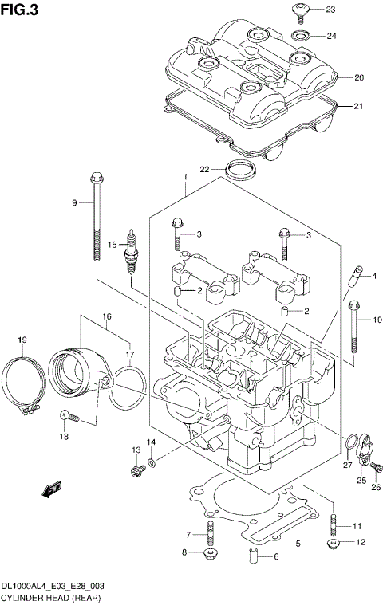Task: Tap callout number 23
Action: click(x=331, y=10)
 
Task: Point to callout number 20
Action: click(x=358, y=77)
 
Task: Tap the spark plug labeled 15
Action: click(x=128, y=257)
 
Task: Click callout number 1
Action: click(x=184, y=176)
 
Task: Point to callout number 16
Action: click(x=105, y=316)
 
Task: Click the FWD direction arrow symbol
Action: click(x=53, y=488)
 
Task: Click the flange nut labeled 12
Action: click(x=333, y=544)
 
